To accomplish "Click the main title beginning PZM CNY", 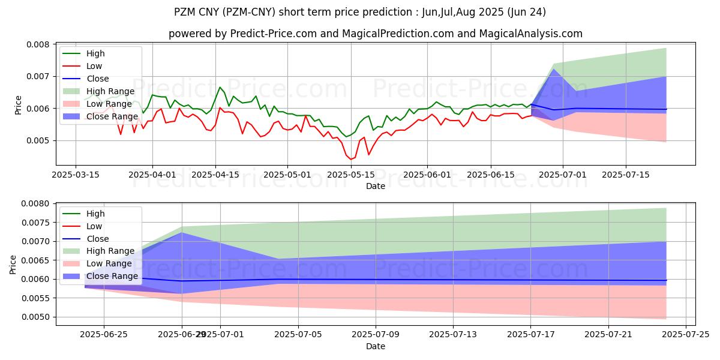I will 360,12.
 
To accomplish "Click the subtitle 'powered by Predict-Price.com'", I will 375,34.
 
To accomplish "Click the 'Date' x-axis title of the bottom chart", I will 376,346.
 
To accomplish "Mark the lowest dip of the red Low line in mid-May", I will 350,160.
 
